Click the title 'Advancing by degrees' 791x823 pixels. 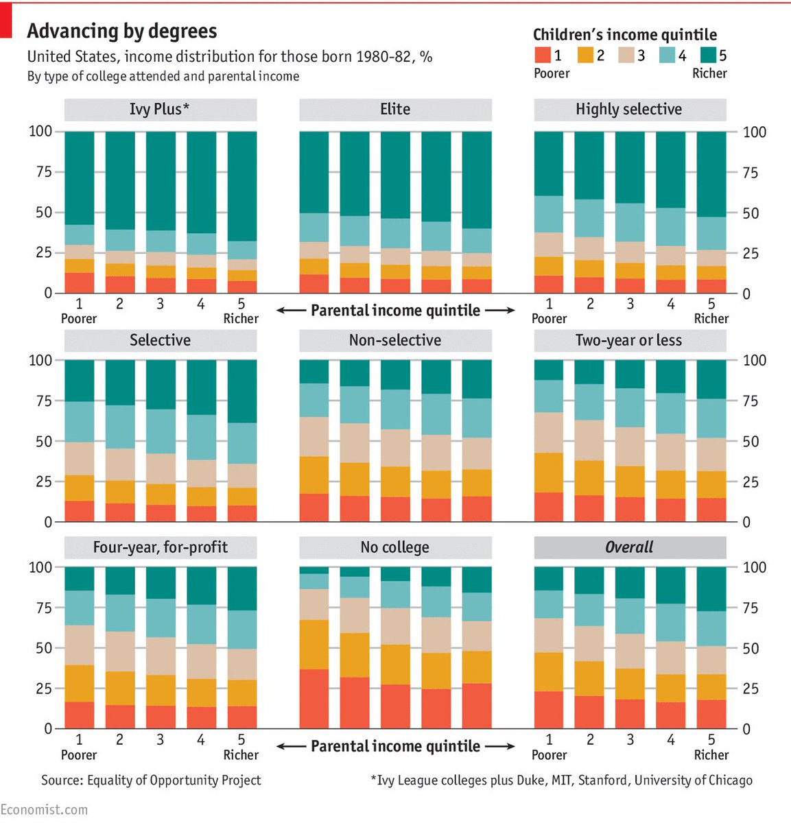point(122,31)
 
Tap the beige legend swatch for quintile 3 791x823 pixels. point(626,55)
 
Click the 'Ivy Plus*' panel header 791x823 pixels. point(161,109)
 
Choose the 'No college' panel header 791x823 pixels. point(395,547)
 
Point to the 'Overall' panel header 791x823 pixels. point(629,547)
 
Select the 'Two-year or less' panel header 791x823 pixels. point(629,340)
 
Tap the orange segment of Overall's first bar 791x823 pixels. point(549,671)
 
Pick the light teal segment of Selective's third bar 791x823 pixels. point(161,431)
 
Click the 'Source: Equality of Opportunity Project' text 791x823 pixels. point(151,780)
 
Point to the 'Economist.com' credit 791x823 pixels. point(44,810)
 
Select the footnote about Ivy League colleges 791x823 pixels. point(561,780)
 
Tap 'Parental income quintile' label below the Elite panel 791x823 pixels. point(395,311)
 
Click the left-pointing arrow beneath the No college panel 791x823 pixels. point(290,746)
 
